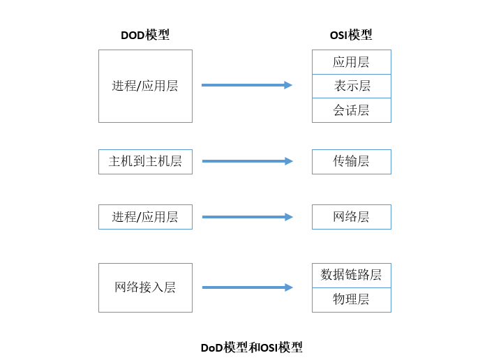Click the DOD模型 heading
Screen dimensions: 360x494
click(145, 35)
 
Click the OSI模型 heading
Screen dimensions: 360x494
click(351, 35)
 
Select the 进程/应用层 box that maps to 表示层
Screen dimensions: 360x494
click(145, 86)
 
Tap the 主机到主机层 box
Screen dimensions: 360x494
click(145, 161)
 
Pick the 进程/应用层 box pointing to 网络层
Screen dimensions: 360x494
click(145, 217)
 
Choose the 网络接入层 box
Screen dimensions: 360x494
click(145, 287)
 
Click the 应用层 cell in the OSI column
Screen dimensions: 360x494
click(351, 62)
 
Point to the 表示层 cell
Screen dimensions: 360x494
click(351, 86)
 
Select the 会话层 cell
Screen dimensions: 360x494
click(351, 110)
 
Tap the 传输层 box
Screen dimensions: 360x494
click(351, 161)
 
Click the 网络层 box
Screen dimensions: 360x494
click(351, 217)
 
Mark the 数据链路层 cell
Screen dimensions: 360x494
click(351, 275)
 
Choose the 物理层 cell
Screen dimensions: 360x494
click(351, 300)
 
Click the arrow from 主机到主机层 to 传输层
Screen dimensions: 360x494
click(244, 161)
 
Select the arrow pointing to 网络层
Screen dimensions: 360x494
click(244, 217)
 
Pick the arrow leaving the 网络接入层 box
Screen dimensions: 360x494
click(244, 287)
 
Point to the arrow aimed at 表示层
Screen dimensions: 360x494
click(244, 85)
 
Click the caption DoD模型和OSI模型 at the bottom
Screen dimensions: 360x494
click(251, 347)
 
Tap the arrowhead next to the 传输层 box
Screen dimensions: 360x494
click(289, 161)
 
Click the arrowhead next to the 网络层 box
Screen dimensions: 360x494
click(289, 217)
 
